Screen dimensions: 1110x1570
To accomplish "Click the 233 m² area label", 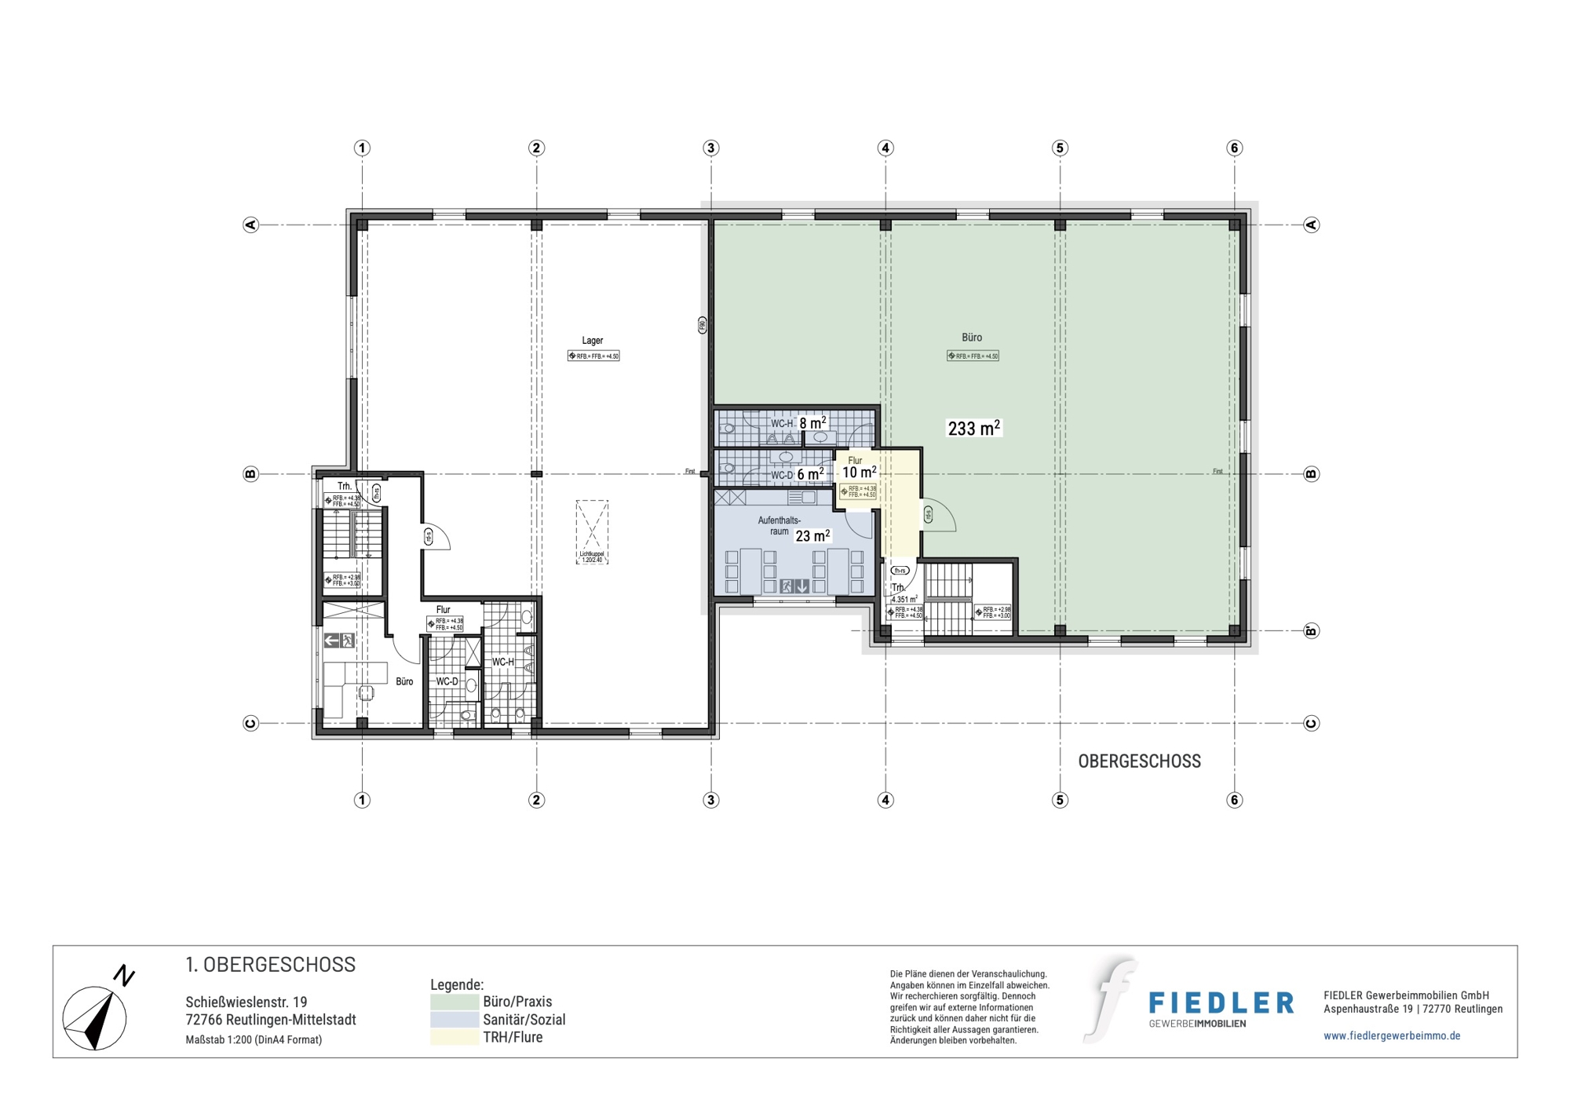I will tap(973, 428).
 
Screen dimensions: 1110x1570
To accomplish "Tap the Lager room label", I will tap(592, 341).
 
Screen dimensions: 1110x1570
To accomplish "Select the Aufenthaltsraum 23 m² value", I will tap(812, 536).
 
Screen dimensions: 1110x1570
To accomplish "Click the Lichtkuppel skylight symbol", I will tap(592, 531).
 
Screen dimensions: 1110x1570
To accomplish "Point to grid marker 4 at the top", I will tap(885, 148).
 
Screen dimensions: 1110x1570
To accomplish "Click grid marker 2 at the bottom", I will tap(536, 800).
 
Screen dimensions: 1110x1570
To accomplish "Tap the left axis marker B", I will tap(250, 474).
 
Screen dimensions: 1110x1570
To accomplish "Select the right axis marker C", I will tap(1311, 723).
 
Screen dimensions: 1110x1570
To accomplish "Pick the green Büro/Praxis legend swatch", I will tap(455, 1002).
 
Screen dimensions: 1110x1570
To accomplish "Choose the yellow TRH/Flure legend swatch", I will tap(455, 1038).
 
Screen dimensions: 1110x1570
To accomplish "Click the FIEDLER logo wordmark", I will tap(1221, 1003).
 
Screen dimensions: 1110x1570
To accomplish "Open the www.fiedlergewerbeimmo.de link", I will tap(1392, 1035).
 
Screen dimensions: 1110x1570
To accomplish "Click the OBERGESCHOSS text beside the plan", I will tap(1139, 761).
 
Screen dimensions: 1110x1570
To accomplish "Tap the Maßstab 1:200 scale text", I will tap(254, 1039).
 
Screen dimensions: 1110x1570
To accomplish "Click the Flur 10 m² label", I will tap(859, 473).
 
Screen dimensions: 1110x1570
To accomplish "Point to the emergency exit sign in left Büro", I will tap(339, 641).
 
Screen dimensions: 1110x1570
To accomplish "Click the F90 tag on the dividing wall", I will tap(703, 325).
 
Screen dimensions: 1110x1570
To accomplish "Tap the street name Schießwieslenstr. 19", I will tap(246, 1002).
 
